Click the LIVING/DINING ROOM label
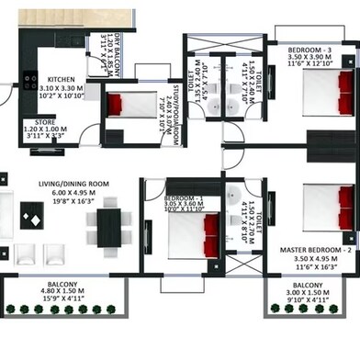pyautogui.click(x=73, y=184)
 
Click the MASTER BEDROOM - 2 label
pyautogui.click(x=318, y=250)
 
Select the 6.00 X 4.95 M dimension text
pyautogui.click(x=73, y=194)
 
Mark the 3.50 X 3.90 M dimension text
pyautogui.click(x=311, y=55)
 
